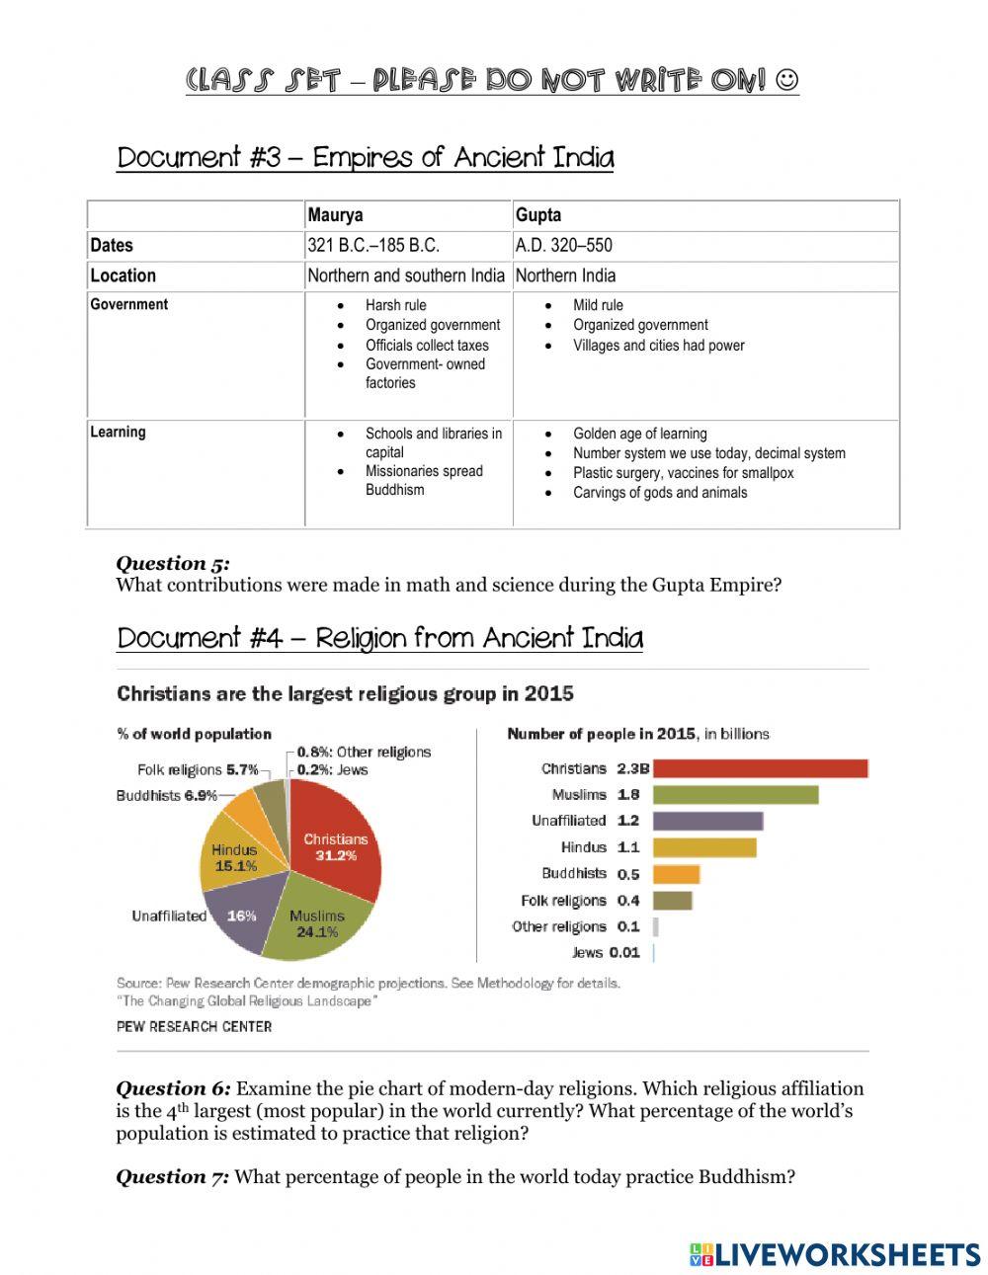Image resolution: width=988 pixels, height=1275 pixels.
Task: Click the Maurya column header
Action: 335,215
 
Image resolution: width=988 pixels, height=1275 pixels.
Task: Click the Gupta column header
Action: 538,215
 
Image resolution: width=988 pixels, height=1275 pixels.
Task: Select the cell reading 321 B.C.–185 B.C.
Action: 373,246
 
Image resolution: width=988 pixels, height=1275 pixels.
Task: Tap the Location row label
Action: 123,276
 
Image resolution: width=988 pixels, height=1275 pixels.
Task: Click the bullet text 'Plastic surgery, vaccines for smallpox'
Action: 683,473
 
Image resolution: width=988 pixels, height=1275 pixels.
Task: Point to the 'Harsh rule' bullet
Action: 395,305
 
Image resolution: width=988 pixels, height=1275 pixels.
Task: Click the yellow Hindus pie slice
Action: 235,857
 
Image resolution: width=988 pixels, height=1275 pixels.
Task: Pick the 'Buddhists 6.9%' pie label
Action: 166,795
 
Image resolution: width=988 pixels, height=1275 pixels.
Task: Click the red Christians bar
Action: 760,768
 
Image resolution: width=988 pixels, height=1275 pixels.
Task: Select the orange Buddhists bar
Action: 676,874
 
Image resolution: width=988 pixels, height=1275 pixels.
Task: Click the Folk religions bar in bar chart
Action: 672,901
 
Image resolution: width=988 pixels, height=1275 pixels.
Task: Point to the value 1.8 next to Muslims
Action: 628,795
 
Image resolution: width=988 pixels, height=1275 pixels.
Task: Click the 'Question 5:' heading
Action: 173,563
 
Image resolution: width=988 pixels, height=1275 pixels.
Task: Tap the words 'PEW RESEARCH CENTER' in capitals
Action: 194,1027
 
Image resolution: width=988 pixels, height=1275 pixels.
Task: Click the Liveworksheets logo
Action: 835,1254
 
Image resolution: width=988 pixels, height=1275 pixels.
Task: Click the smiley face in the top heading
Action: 787,79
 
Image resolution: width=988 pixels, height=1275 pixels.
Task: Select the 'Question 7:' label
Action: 173,1176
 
